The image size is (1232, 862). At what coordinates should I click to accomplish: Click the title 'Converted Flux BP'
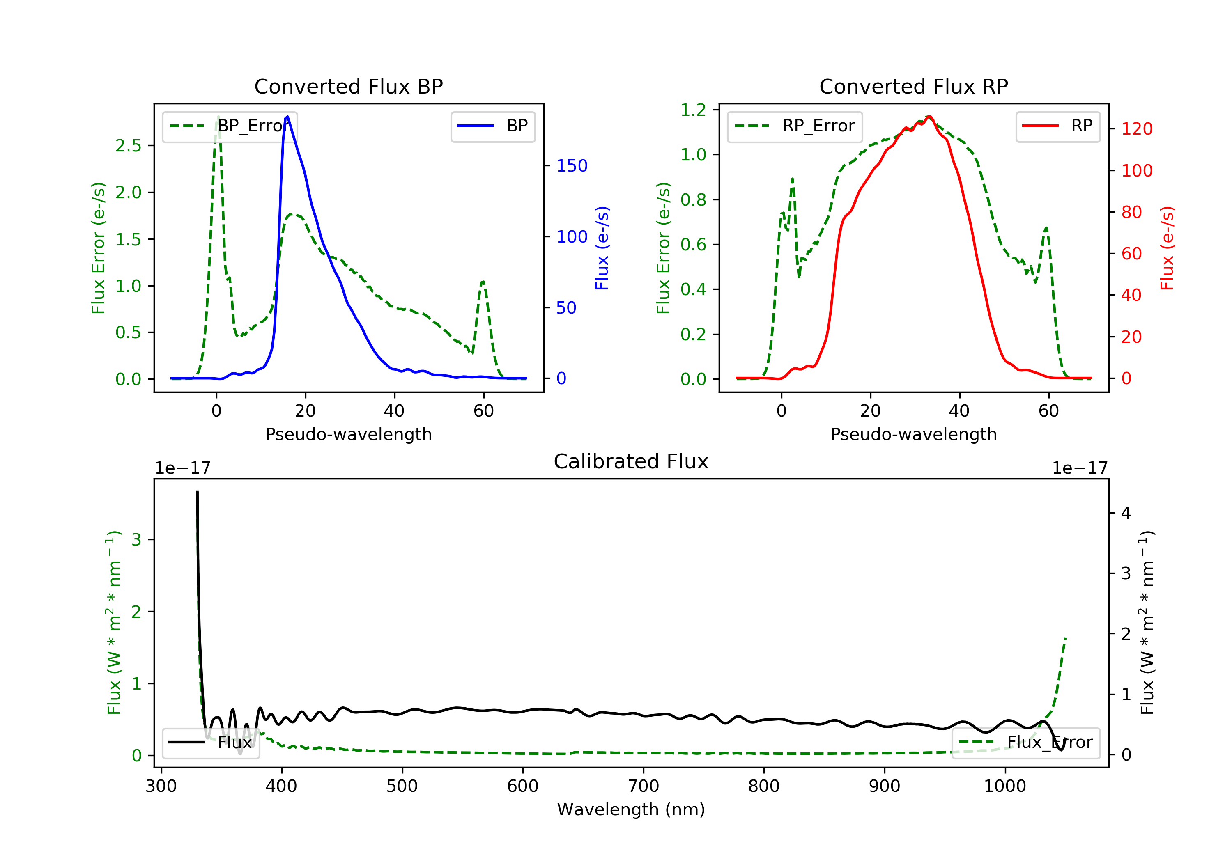pyautogui.click(x=348, y=86)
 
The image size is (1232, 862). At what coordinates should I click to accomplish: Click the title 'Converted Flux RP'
pyautogui.click(x=913, y=86)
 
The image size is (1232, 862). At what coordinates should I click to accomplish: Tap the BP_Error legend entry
pyautogui.click(x=229, y=126)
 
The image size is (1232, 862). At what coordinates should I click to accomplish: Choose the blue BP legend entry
pyautogui.click(x=492, y=126)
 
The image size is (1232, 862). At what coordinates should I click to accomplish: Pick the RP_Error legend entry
pyautogui.click(x=794, y=126)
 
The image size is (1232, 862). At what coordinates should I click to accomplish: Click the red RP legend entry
pyautogui.click(x=1057, y=126)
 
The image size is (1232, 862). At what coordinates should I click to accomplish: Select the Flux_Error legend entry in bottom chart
pyautogui.click(x=1025, y=743)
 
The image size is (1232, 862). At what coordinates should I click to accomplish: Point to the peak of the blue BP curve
pyautogui.click(x=287, y=117)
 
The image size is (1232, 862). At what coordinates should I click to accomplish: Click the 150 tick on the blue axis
pyautogui.click(x=572, y=166)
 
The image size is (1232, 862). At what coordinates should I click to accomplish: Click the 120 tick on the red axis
pyautogui.click(x=1136, y=129)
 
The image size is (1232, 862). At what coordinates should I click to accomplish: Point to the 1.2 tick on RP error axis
pyautogui.click(x=693, y=110)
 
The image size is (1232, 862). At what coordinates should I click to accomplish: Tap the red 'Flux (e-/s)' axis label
pyautogui.click(x=1167, y=248)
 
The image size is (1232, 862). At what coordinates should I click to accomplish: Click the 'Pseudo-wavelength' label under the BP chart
pyautogui.click(x=348, y=434)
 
